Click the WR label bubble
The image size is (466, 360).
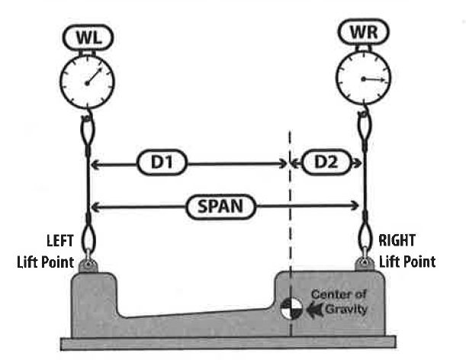363,33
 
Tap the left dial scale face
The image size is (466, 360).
86,82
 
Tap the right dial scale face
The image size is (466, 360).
363,78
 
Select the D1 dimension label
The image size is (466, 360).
162,163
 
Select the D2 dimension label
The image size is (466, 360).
326,163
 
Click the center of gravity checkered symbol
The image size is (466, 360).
291,310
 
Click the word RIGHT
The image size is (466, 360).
398,241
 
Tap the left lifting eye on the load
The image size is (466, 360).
88,265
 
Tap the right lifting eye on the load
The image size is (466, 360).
364,264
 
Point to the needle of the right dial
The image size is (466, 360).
373,79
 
